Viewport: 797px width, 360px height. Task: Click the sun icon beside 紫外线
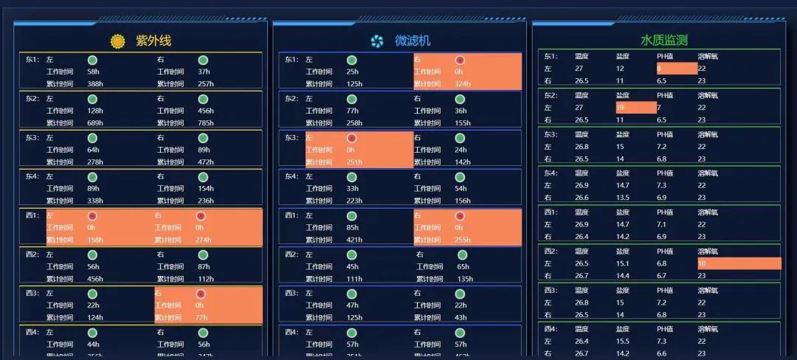tap(118, 41)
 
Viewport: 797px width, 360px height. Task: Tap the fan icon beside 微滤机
tap(378, 41)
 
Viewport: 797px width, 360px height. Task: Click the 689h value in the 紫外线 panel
tap(95, 123)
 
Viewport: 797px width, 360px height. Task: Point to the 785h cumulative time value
tap(206, 123)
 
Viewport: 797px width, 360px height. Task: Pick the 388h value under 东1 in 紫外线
tap(95, 84)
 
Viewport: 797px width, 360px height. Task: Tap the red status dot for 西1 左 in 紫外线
tap(92, 216)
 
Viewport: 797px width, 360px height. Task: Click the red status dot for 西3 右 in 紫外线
tap(201, 294)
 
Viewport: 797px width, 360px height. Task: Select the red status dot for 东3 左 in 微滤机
tap(352, 138)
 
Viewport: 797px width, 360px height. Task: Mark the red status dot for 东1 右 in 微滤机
tap(460, 60)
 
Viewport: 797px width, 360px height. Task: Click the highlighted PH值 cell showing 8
tap(676, 69)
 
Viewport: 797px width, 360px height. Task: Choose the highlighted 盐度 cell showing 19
tap(635, 108)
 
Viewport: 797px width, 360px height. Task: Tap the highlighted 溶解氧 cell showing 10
tap(738, 263)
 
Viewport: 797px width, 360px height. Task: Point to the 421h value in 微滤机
tap(354, 240)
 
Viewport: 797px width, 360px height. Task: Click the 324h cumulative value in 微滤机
tap(463, 84)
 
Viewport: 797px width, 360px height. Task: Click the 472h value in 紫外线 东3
tap(206, 162)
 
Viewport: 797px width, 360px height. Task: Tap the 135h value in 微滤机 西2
tap(466, 279)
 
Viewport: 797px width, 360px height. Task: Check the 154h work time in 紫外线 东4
tap(206, 189)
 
